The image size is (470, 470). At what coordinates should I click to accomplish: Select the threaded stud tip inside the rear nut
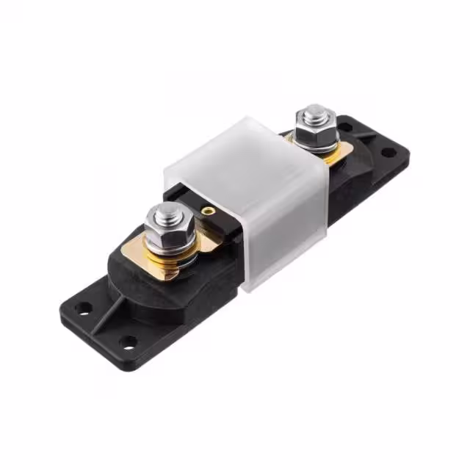tap(314, 113)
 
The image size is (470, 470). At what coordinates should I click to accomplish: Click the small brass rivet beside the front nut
tap(209, 211)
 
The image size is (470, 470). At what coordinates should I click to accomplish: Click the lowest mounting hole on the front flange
tap(130, 341)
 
